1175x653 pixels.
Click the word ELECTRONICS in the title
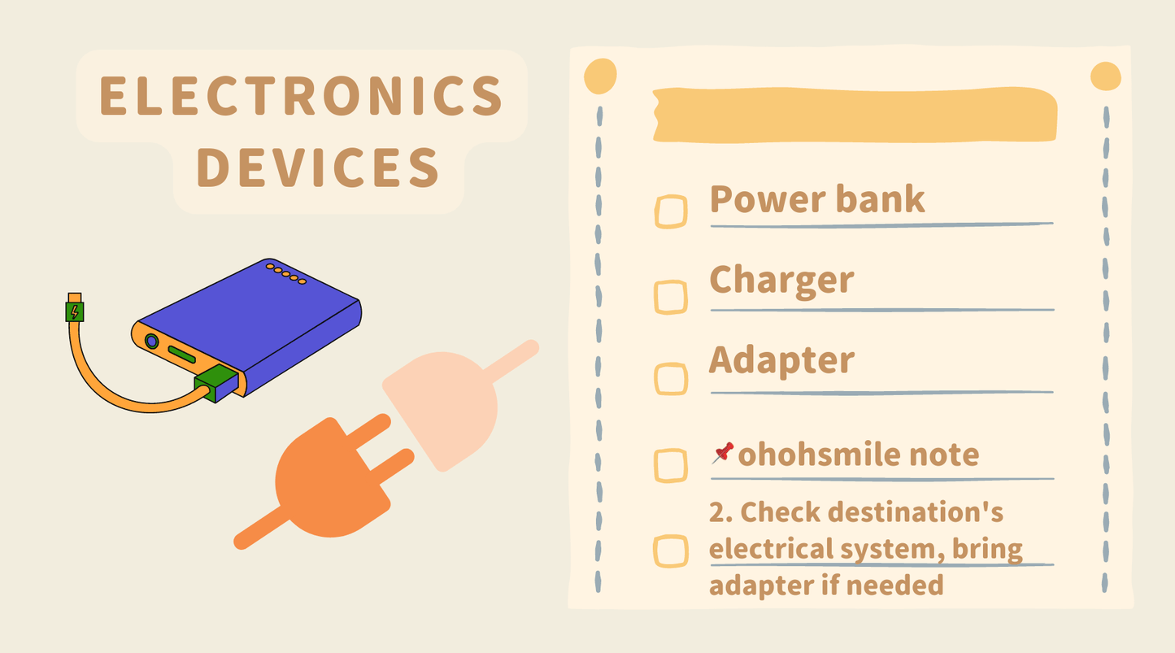(302, 95)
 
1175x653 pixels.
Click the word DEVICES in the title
(318, 168)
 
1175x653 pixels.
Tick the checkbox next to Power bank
(671, 211)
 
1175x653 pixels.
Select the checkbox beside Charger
(671, 297)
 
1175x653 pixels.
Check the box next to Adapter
(671, 379)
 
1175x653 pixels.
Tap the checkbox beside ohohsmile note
(671, 465)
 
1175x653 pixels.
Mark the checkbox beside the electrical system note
(671, 551)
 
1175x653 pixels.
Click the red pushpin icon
(723, 453)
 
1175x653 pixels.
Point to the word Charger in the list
(781, 281)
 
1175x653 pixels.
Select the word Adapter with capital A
(781, 361)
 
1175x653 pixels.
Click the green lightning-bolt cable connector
(75, 311)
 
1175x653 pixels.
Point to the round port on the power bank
(151, 342)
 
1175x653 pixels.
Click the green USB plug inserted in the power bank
(216, 383)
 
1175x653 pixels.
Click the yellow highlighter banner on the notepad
(855, 115)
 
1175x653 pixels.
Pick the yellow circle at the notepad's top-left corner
(600, 76)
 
